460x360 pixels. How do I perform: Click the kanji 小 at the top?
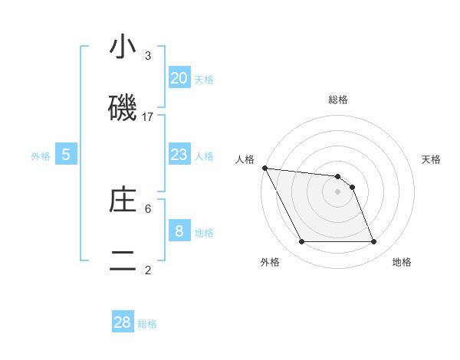[123, 47]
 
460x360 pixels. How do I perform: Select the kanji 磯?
[123, 108]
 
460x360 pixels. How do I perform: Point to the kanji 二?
[123, 260]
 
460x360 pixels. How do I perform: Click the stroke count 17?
[148, 116]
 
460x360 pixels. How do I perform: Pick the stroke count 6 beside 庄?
[148, 208]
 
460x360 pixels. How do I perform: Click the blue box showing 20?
[179, 78]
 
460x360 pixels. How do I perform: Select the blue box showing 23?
[179, 155]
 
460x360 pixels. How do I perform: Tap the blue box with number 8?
[179, 231]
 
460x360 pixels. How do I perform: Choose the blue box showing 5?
[66, 155]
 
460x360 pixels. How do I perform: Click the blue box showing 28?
[123, 322]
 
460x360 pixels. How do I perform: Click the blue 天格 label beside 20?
[204, 80]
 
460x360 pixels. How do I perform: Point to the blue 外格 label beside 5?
[41, 156]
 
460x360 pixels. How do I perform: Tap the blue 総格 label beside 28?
[147, 324]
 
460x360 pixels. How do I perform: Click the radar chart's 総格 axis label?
[338, 100]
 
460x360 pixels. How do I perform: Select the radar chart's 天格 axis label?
[432, 159]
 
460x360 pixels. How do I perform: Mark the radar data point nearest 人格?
[264, 168]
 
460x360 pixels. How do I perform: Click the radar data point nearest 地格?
[374, 242]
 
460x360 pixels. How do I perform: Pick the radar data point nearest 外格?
[301, 242]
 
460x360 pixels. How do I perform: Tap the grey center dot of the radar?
[338, 191]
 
